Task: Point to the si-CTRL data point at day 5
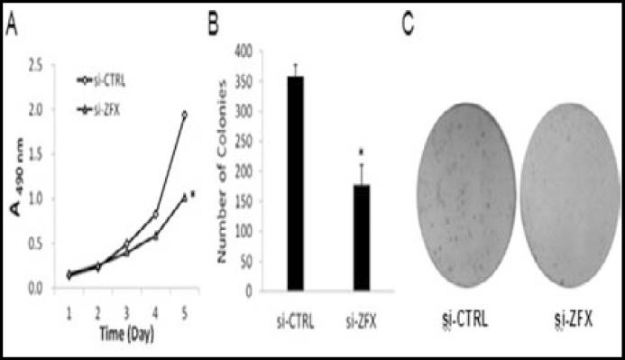click(184, 115)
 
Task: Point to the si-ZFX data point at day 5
click(184, 197)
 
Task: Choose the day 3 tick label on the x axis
click(125, 309)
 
